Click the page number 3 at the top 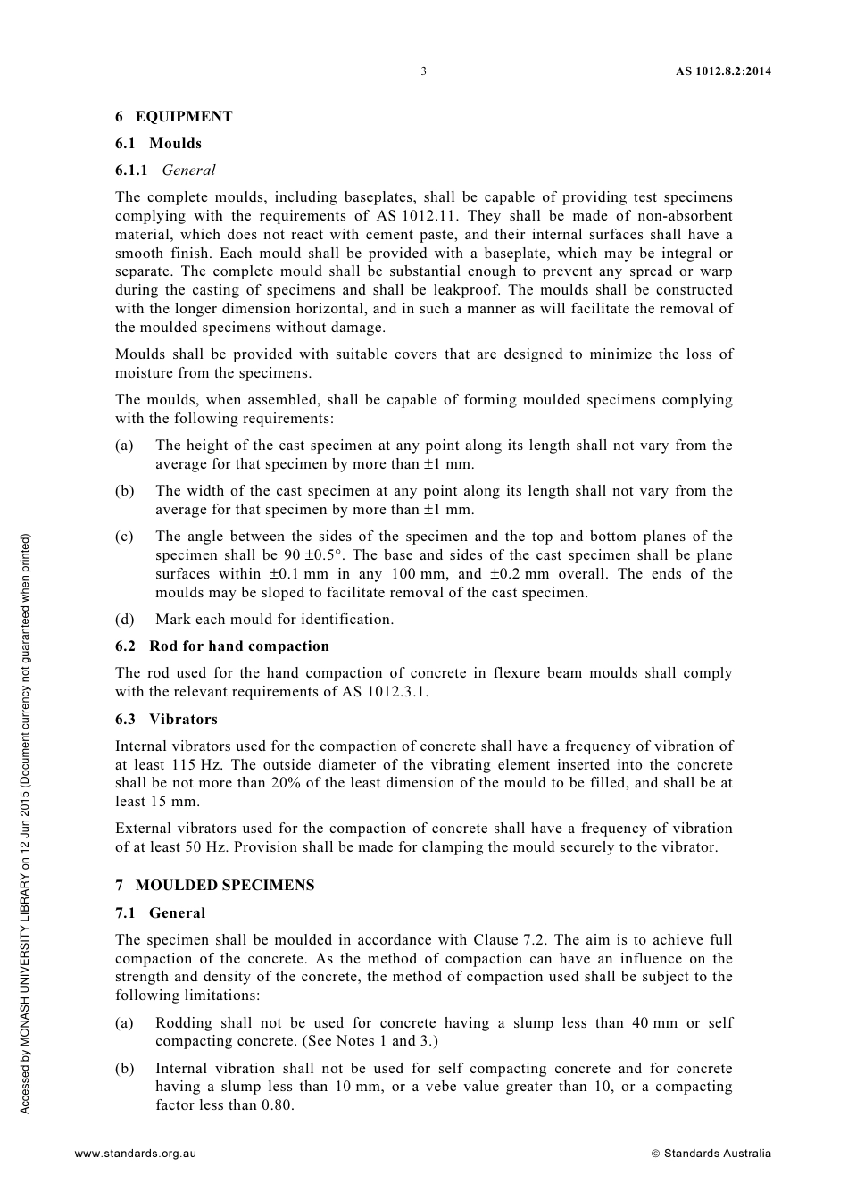click(423, 71)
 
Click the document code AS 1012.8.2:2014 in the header click(723, 71)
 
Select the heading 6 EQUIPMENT click(174, 117)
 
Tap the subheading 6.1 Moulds click(159, 144)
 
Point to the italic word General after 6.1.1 click(189, 171)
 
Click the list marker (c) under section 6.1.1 click(124, 537)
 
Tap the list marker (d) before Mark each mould click(124, 620)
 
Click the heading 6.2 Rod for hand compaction click(222, 646)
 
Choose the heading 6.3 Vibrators click(167, 720)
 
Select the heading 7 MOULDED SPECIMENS click(215, 886)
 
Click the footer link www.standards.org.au click(136, 1154)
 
